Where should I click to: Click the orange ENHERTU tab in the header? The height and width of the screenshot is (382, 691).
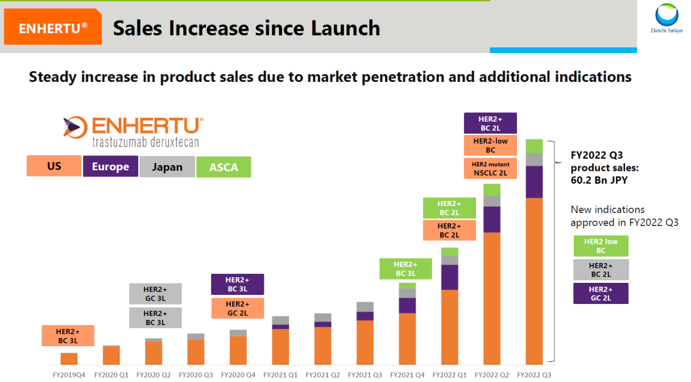coord(52,28)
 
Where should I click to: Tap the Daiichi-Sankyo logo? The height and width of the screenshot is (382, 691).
coord(666,19)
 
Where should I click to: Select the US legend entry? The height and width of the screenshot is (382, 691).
coord(54,166)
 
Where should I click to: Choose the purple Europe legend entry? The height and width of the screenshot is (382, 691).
coord(110,167)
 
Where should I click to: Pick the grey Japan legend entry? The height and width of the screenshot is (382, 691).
coord(167,167)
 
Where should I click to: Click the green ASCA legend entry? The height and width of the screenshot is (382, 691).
coord(223,167)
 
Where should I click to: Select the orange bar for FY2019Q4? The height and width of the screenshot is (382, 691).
coord(69,358)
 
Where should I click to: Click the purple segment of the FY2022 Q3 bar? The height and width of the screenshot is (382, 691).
coord(534,182)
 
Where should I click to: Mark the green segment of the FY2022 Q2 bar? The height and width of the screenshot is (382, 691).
coord(491,189)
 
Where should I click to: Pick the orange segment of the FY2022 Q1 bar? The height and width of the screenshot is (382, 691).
coord(450,326)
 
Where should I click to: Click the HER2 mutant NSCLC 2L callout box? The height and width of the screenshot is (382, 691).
coord(491,168)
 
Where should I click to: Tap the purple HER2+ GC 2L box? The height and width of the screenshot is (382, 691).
coord(601,293)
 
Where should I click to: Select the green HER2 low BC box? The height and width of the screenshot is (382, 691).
coord(601,246)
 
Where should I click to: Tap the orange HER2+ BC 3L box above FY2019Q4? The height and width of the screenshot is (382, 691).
coord(68,336)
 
